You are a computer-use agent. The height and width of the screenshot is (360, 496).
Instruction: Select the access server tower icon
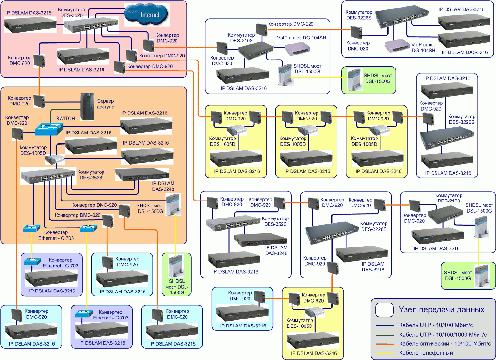click(x=87, y=107)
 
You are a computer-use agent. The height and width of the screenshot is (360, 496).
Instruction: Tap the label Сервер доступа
click(x=105, y=104)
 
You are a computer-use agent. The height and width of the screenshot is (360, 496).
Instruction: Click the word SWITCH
click(x=65, y=118)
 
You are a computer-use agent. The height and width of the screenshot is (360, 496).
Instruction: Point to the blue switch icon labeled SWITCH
click(x=49, y=129)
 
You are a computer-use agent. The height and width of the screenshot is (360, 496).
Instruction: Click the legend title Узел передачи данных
click(x=441, y=310)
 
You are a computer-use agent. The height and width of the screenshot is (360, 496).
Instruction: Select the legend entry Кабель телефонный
click(x=426, y=353)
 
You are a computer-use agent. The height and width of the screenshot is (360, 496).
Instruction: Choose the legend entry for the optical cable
click(x=445, y=344)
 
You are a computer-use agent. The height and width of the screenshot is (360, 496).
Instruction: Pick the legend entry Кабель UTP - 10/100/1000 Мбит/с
click(x=443, y=335)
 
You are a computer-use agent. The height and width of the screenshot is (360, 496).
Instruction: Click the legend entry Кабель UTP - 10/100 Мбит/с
click(x=436, y=325)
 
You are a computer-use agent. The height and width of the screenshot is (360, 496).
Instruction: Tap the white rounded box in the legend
click(x=385, y=310)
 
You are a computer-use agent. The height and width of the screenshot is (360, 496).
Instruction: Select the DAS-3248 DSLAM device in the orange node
click(x=142, y=175)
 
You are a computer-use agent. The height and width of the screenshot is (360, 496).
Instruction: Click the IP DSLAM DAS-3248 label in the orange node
click(x=163, y=186)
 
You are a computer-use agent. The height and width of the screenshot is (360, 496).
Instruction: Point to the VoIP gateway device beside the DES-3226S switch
click(x=397, y=46)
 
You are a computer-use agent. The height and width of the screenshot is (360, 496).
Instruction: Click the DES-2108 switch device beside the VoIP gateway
click(x=256, y=49)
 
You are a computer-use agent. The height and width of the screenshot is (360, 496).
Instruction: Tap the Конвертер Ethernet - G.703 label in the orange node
click(x=56, y=235)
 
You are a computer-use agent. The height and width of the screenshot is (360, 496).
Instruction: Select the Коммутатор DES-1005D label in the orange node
click(x=33, y=150)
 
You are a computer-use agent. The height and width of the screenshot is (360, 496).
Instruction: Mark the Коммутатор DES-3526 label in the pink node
click(x=71, y=12)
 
